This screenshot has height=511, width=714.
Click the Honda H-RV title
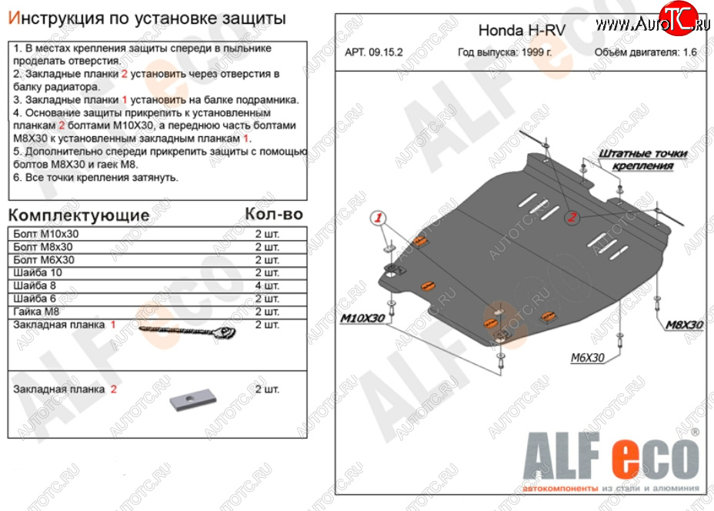point(522,31)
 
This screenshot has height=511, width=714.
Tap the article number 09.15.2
point(385,52)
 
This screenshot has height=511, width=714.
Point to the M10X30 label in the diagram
point(362,318)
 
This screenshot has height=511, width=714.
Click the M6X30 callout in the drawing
point(587,358)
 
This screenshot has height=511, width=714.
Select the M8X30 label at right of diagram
point(685,325)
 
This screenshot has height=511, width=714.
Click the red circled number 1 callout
point(378,218)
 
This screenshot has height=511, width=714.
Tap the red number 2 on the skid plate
point(572,217)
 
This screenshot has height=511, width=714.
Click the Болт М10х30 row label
point(45,234)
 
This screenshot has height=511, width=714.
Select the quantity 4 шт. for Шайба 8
point(267,286)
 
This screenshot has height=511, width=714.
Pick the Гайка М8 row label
point(36,312)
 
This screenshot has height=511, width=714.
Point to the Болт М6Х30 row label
point(44,260)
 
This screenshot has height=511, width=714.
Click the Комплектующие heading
point(78,215)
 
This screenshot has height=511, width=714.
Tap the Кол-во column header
point(274,214)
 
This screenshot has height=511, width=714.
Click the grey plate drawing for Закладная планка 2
point(192,401)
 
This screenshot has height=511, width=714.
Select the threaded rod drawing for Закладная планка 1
point(187,332)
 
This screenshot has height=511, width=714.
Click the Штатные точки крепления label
point(642,159)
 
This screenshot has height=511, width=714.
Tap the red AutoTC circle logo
point(678,17)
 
